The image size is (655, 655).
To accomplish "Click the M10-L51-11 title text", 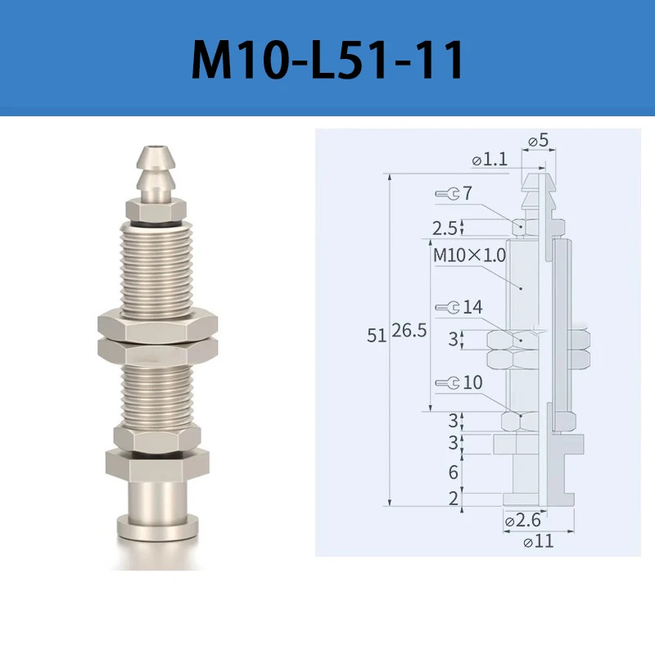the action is [x=327, y=59].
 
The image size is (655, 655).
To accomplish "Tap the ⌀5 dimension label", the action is [x=538, y=140].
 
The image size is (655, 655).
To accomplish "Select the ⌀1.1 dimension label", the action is [x=490, y=159].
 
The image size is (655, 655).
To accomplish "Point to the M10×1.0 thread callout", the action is [x=469, y=255].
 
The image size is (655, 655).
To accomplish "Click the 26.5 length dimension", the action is [x=409, y=331].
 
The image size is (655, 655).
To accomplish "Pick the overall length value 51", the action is [x=377, y=336].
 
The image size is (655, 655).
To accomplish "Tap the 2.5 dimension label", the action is [x=445, y=228].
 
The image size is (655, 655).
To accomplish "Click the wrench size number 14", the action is [x=472, y=307].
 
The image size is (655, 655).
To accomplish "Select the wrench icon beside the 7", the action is [x=447, y=193].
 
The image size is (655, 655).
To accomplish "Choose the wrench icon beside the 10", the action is [x=447, y=382].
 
